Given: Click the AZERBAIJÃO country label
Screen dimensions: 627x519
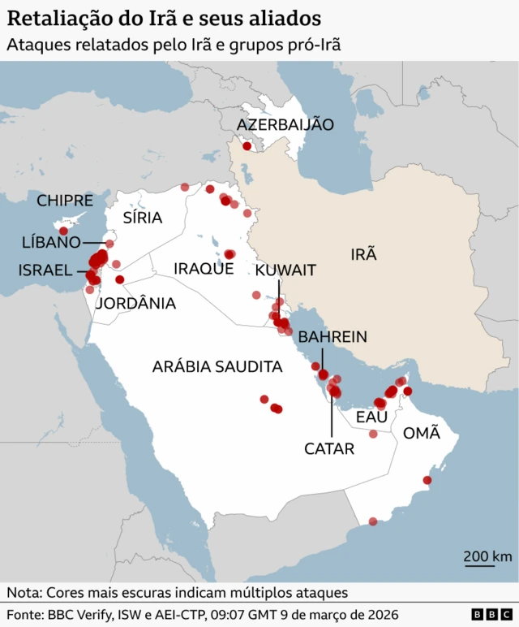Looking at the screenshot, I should (285, 124).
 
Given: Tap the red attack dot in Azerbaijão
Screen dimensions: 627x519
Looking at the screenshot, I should (247, 147).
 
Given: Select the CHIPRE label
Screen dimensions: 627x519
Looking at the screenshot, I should (65, 201).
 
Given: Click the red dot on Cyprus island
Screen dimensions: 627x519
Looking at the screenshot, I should (63, 231).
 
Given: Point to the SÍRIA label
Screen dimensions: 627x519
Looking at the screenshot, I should (143, 218).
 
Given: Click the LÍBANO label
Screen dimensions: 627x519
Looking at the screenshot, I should (51, 243).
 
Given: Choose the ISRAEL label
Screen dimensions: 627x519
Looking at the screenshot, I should (45, 270).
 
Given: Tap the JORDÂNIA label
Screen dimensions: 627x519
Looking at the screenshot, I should (135, 304).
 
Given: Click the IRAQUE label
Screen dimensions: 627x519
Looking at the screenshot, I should (204, 269).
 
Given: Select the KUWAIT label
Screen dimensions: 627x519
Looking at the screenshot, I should (285, 270).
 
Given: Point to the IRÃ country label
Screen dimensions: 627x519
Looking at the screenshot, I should (363, 254).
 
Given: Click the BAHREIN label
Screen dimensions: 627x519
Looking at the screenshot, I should (332, 336).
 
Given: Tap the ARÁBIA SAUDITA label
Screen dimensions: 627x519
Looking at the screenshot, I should (217, 367).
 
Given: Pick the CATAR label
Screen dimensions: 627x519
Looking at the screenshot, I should (329, 448).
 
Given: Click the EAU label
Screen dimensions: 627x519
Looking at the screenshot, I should (372, 417).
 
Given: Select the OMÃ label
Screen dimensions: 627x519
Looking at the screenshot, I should (422, 433).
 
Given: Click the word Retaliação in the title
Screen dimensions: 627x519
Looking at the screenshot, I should (58, 19).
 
